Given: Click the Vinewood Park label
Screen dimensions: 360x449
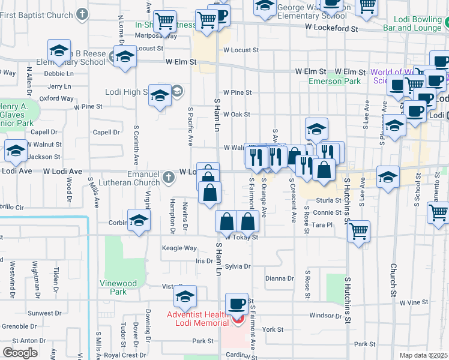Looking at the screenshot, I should pos(118,287).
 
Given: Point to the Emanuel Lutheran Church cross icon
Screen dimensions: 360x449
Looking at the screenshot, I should pos(169,176).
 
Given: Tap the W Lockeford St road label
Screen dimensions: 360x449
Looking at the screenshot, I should pos(331,28).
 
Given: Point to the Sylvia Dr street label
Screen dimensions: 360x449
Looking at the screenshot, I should pos(238,266).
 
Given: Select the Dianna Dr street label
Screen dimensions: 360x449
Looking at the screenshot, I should pos(279,278).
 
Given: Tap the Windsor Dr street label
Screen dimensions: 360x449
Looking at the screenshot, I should pos(325,316).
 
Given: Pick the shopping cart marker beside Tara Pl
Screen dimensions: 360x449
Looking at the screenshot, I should pos(358,230).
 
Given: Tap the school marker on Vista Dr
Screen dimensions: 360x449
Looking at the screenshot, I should pos(185,296).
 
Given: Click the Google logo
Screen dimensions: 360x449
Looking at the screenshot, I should pos(20,353).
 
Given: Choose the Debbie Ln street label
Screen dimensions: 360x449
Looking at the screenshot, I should pos(58,74).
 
